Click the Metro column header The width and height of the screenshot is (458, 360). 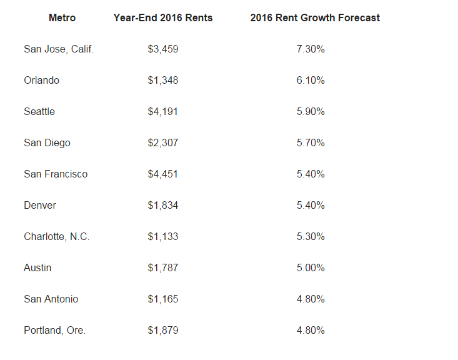coord(62,17)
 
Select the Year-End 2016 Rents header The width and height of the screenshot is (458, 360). coord(163,17)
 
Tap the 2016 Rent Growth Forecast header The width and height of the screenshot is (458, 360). coord(315,17)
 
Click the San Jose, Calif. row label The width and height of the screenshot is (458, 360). coord(59,49)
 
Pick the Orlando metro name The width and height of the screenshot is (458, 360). coord(42,80)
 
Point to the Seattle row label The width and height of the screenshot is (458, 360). coord(39,111)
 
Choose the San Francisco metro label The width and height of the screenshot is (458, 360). coord(56,174)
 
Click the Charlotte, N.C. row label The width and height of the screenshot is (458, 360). coord(57,236)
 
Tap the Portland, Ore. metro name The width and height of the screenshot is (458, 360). coord(55,330)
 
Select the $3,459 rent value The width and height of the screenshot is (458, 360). coord(163,49)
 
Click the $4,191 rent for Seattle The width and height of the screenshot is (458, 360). coord(163,111)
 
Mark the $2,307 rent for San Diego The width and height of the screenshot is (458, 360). coord(163,142)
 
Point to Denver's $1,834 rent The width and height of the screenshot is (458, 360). coord(163,205)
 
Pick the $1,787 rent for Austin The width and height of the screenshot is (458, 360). coord(163,267)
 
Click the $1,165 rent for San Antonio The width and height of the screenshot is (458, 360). coord(163,299)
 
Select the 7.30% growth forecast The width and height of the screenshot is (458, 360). coord(311,49)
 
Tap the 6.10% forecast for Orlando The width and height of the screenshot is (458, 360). coord(311,80)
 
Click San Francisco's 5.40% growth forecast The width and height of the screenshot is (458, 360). coord(311,174)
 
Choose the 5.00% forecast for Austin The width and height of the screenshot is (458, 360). coord(311,267)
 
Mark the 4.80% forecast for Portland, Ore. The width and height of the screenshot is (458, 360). coord(311,330)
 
